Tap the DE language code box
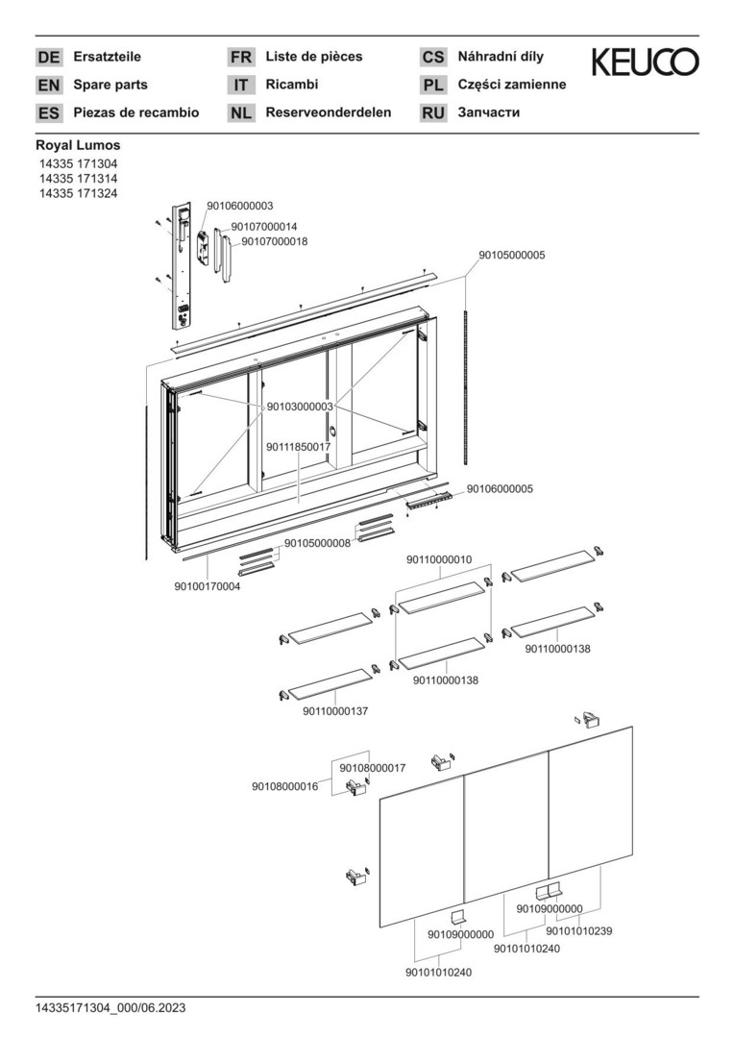[x=48, y=57]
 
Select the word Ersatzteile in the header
[x=108, y=57]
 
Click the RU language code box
[x=433, y=113]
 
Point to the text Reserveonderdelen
[x=329, y=112]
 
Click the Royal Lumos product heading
[x=78, y=145]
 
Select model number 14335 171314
[x=78, y=179]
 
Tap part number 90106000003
[x=239, y=207]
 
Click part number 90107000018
[x=274, y=241]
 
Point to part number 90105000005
[x=512, y=255]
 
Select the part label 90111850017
[x=299, y=448]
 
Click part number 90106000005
[x=500, y=489]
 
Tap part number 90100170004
[x=208, y=586]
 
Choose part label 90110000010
[x=439, y=559]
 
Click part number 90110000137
[x=335, y=711]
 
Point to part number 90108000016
[x=284, y=786]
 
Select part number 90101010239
[x=579, y=931]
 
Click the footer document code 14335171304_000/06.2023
[x=110, y=1008]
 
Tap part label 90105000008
[x=318, y=543]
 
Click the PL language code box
[x=433, y=85]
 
